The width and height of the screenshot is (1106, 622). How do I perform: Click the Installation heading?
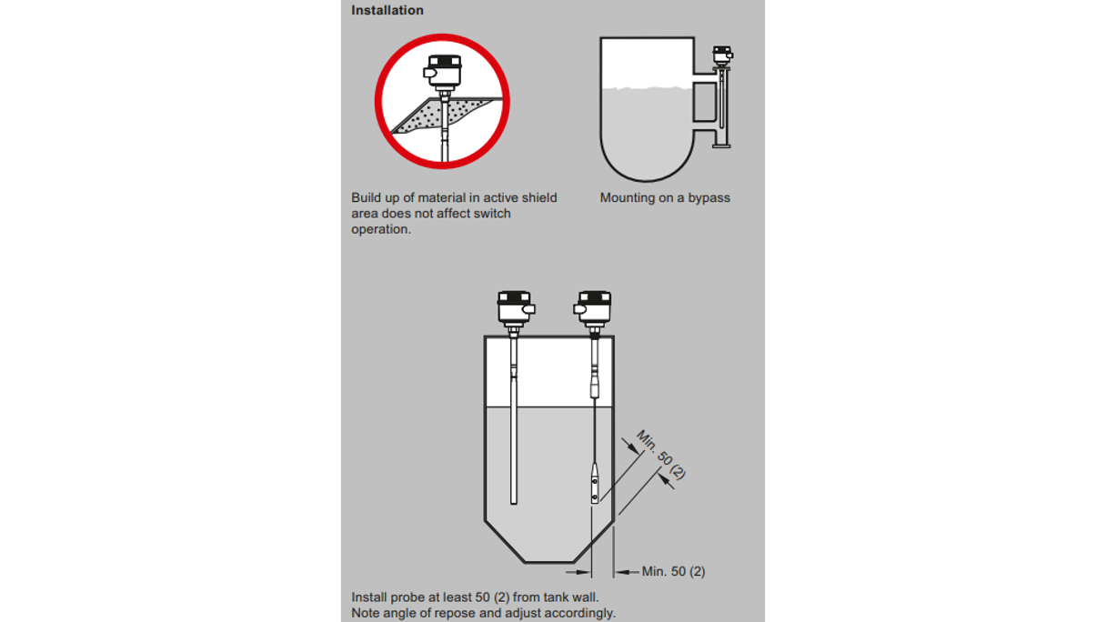click(387, 10)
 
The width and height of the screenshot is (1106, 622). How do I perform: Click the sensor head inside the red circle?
click(443, 72)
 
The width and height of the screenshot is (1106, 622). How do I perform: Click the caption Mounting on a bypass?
click(665, 198)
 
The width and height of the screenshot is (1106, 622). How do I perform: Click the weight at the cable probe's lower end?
click(595, 483)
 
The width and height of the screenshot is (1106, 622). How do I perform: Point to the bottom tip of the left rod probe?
click(514, 504)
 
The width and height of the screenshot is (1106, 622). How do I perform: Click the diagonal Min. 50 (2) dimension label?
click(660, 455)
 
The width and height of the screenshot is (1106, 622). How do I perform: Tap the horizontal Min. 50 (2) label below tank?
click(673, 572)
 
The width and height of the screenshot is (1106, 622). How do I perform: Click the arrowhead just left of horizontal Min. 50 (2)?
click(623, 572)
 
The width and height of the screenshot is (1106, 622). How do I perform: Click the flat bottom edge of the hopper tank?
click(549, 562)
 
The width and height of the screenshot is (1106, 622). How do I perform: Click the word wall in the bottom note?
click(586, 597)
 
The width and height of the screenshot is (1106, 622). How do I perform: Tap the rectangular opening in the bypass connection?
click(705, 102)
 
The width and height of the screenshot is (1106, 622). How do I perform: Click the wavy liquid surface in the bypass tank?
click(647, 88)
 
